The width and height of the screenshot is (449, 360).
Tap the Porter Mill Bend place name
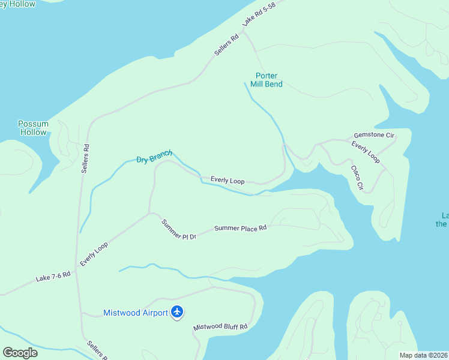(x=266, y=80)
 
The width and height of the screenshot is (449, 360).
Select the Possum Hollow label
(x=33, y=128)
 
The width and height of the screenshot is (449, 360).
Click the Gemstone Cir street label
(x=373, y=136)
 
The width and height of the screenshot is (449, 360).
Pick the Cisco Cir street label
(x=357, y=178)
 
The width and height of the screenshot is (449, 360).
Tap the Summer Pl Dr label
(x=178, y=230)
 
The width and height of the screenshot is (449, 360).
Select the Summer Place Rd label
(x=240, y=228)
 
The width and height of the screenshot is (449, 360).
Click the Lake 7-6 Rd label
(x=53, y=277)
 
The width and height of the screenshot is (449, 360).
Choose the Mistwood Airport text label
(x=136, y=313)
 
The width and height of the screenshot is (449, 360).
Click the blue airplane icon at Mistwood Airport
(x=177, y=312)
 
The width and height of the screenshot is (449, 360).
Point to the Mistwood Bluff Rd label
(x=220, y=327)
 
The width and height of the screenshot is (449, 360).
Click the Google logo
(x=20, y=353)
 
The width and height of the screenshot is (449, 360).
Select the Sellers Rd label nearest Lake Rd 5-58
(x=226, y=44)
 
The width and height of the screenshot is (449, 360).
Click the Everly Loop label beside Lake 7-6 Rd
(x=94, y=254)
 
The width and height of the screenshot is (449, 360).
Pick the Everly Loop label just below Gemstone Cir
(x=366, y=152)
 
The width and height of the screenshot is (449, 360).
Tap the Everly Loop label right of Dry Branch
(x=228, y=180)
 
